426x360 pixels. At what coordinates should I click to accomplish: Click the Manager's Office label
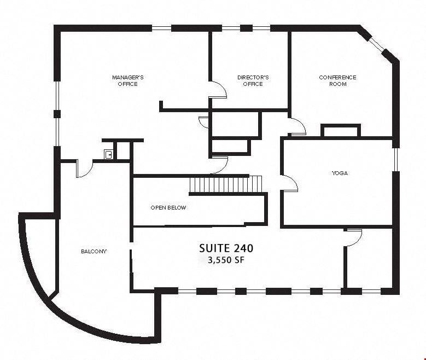click(x=128, y=81)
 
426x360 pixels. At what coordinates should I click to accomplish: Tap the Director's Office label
click(x=253, y=81)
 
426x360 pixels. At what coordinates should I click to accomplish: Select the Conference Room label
click(x=337, y=81)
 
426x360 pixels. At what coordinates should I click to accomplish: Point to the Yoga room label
click(x=340, y=173)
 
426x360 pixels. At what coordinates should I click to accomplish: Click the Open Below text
click(x=168, y=208)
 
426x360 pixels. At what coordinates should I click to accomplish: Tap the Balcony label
click(x=94, y=252)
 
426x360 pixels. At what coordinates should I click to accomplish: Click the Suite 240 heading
click(x=226, y=248)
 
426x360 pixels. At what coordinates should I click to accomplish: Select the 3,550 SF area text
click(x=226, y=260)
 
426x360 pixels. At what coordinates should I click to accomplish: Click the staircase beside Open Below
click(x=225, y=184)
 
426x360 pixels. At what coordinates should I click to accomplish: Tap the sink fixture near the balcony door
click(x=108, y=154)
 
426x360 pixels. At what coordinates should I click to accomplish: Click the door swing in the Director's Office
click(x=219, y=90)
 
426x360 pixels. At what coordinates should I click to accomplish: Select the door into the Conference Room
click(x=298, y=126)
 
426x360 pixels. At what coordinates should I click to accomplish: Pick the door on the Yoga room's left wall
click(x=290, y=183)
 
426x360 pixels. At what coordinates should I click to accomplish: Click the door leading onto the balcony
click(x=85, y=169)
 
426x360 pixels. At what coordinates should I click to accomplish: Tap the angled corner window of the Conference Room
click(x=377, y=44)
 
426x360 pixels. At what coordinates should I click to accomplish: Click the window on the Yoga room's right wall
click(x=396, y=160)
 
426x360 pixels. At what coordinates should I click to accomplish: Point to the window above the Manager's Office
click(x=161, y=28)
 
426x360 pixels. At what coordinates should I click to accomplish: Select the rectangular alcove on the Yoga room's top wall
click(x=341, y=131)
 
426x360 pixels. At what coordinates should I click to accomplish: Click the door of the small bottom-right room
click(x=354, y=238)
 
